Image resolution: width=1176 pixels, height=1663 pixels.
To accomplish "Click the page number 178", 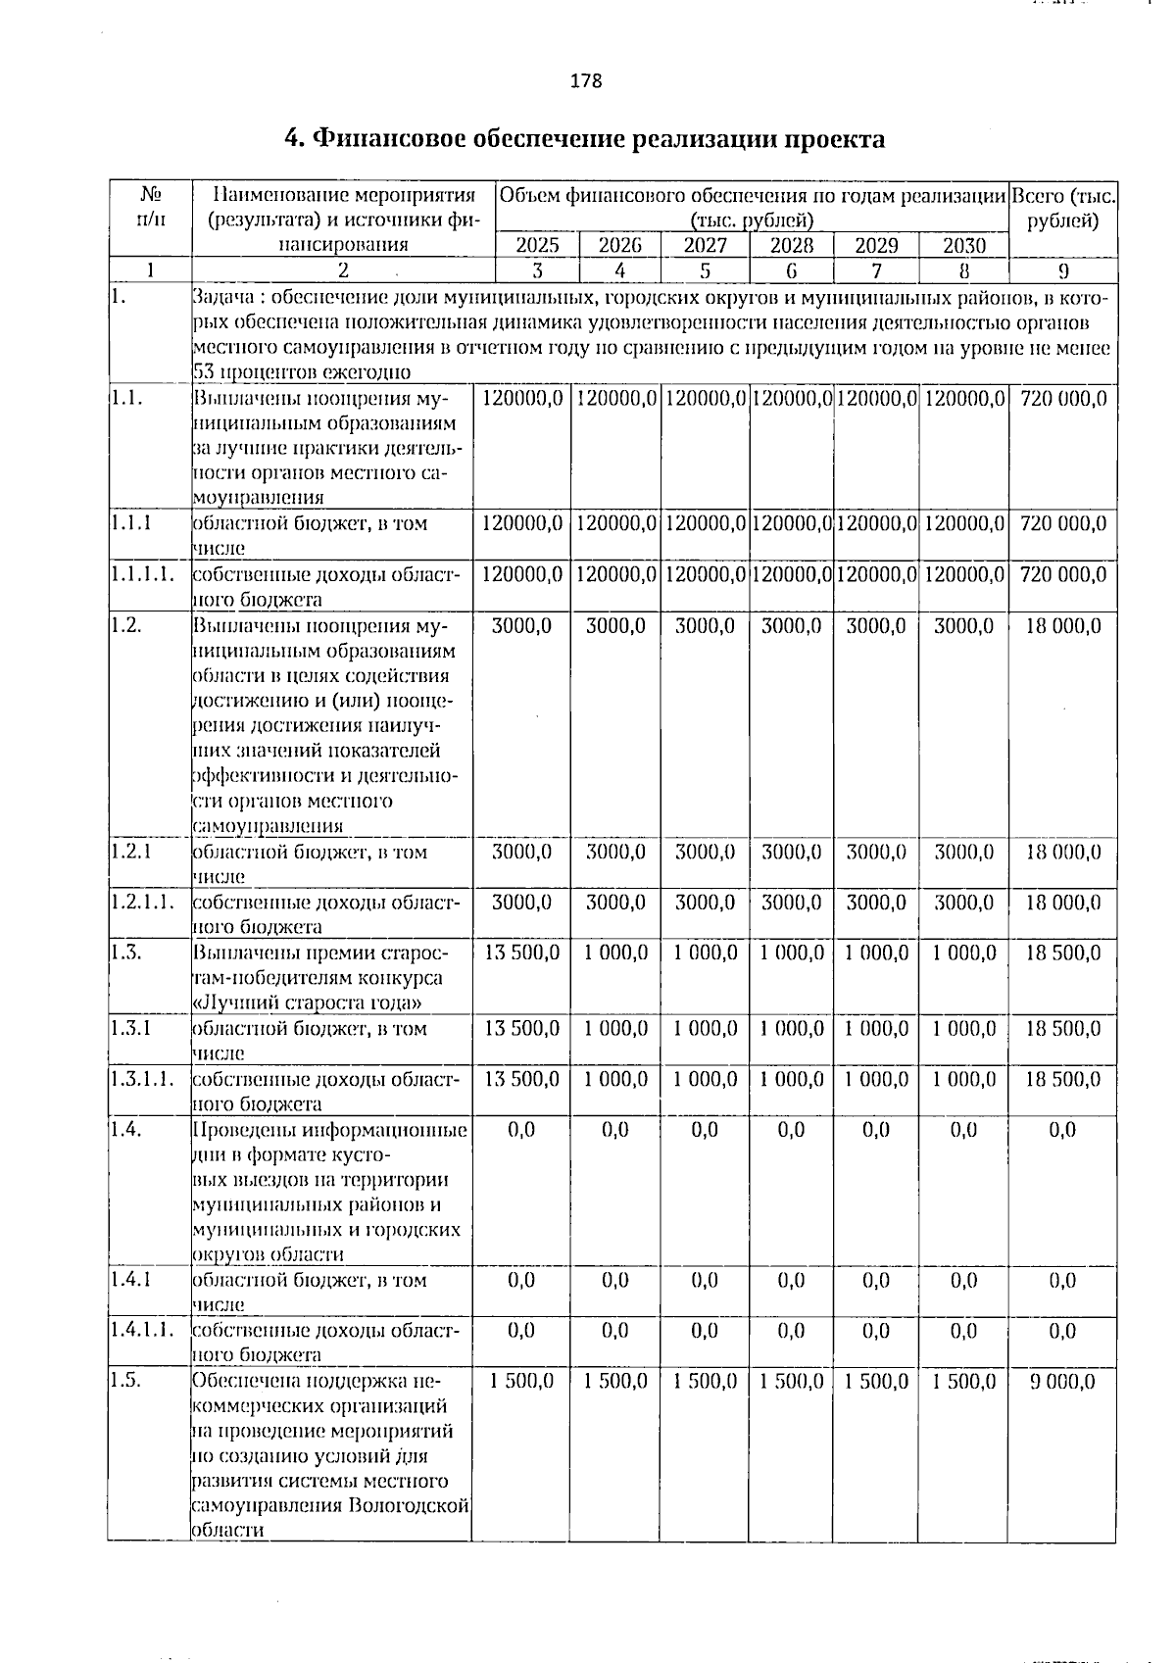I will pyautogui.click(x=586, y=81).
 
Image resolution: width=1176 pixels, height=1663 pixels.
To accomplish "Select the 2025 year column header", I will pyautogui.click(x=538, y=245).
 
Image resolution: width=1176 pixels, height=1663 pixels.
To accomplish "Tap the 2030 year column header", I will pyautogui.click(x=963, y=245).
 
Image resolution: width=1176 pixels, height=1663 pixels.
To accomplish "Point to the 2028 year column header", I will pyautogui.click(x=791, y=245).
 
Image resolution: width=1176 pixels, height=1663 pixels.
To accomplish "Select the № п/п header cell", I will pyautogui.click(x=150, y=208).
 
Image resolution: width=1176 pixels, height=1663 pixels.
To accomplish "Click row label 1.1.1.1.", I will pyautogui.click(x=143, y=575).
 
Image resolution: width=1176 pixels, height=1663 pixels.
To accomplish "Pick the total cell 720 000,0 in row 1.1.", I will pyautogui.click(x=1063, y=399).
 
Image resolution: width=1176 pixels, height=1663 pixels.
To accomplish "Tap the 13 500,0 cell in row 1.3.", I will pyautogui.click(x=522, y=954).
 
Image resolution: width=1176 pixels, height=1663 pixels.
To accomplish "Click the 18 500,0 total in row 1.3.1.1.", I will pyautogui.click(x=1063, y=1080).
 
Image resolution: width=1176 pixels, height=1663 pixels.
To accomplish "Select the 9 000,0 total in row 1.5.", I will pyautogui.click(x=1063, y=1382).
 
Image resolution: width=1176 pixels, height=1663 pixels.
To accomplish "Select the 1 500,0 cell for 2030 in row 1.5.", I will pyautogui.click(x=963, y=1382).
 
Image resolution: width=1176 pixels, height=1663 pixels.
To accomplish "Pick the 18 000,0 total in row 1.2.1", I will pyautogui.click(x=1063, y=853).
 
